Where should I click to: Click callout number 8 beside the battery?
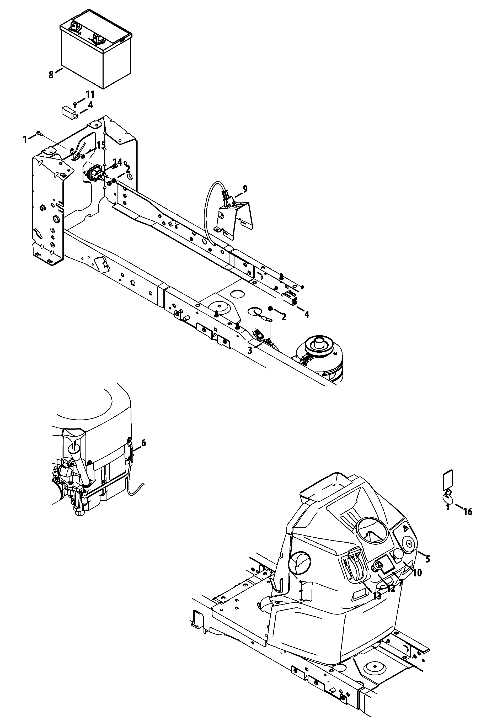click(51, 75)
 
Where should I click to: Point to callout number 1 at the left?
click(25, 140)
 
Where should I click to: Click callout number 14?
click(117, 162)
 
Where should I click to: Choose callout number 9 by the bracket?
click(245, 189)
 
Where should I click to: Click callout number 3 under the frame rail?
click(250, 351)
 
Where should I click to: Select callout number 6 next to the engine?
click(143, 443)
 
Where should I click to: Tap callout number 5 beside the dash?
click(427, 559)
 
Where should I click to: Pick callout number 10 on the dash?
click(417, 573)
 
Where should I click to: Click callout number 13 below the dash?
click(377, 596)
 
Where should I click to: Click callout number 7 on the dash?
click(400, 582)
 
